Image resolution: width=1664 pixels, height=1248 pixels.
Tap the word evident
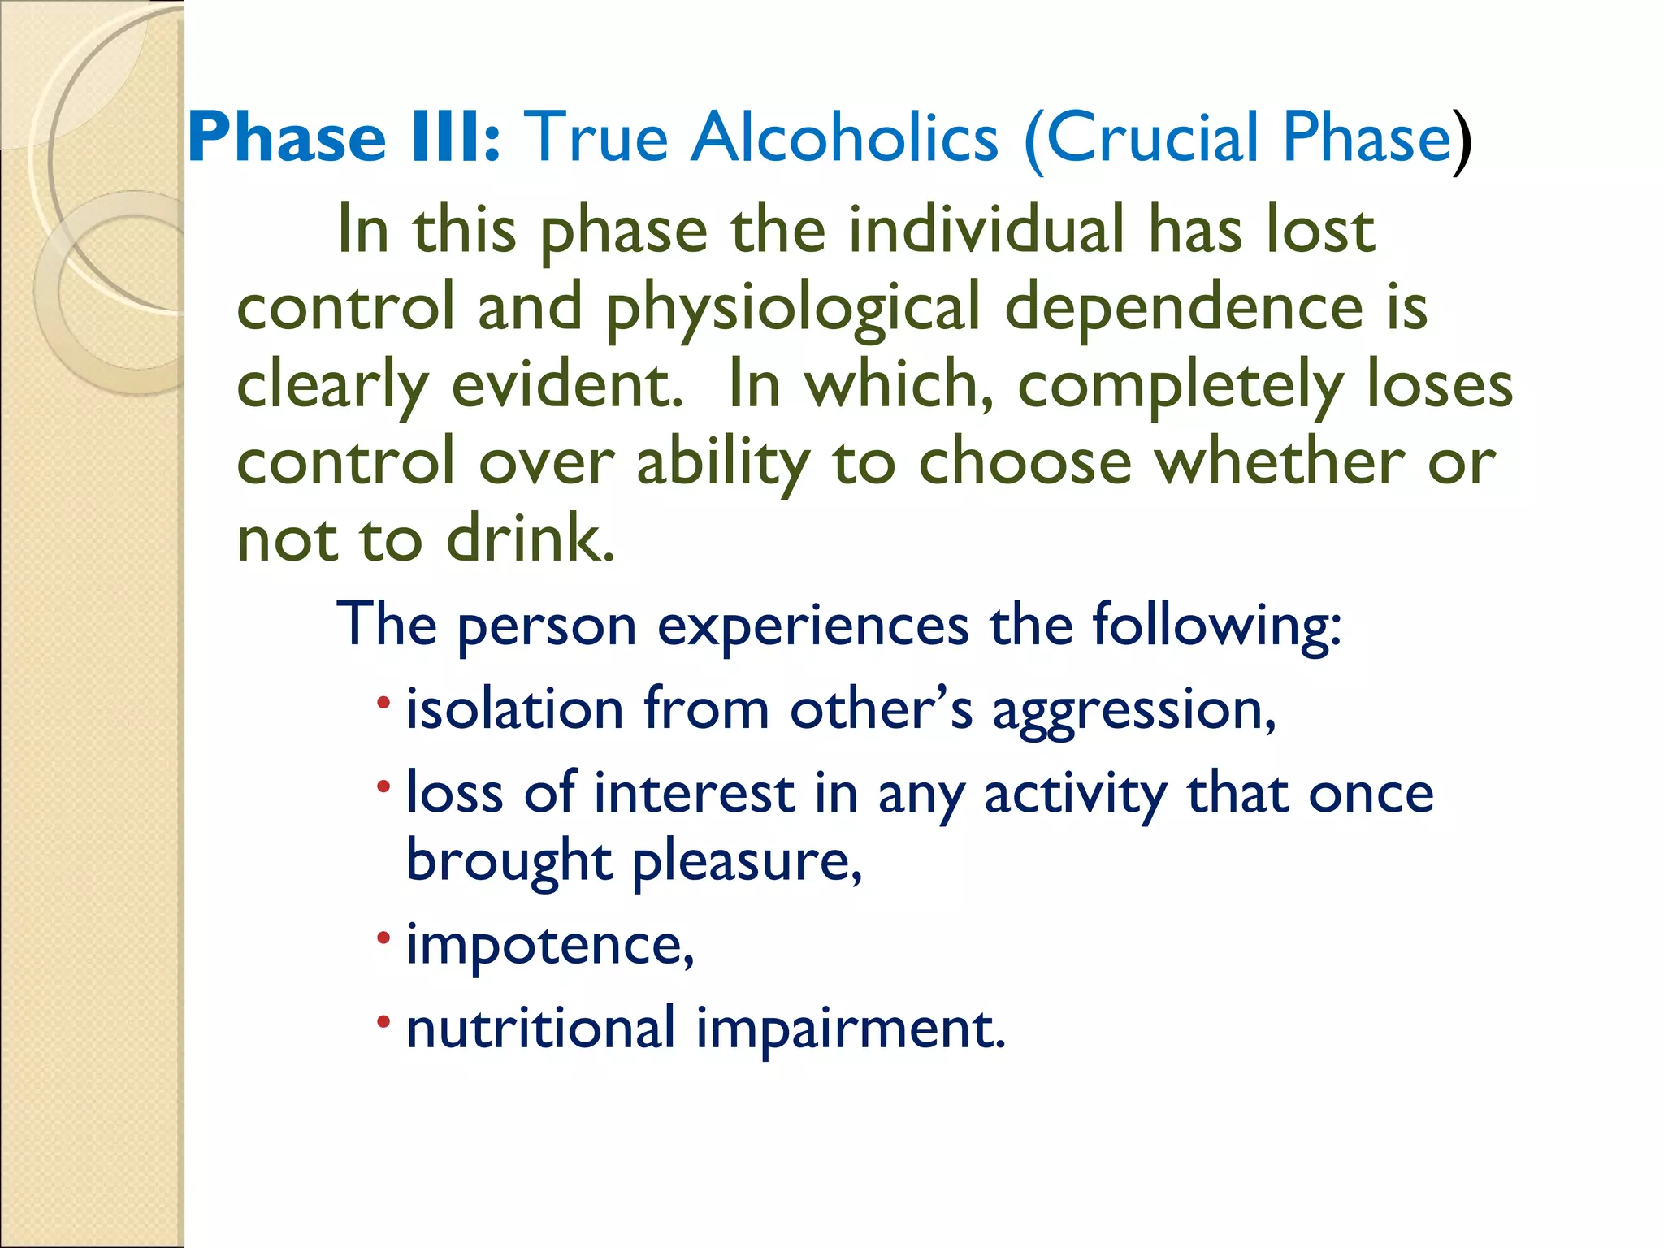tap(566, 385)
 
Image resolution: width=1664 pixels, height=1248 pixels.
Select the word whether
tap(1279, 462)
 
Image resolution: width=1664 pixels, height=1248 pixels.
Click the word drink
tap(530, 539)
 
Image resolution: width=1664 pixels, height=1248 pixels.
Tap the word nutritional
tap(540, 1028)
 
